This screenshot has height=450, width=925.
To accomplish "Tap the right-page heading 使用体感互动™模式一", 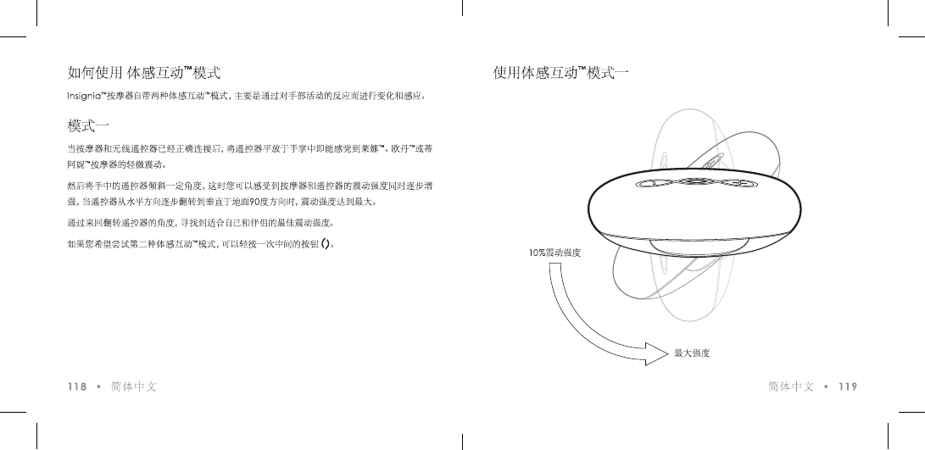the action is pyautogui.click(x=560, y=73).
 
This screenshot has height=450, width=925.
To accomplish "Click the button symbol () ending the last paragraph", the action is pyautogui.click(x=325, y=247).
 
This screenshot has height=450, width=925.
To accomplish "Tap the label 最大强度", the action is pyautogui.click(x=692, y=353).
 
